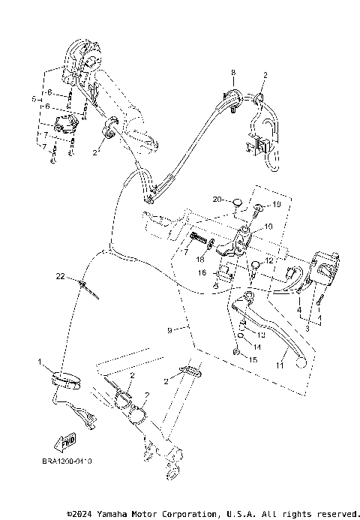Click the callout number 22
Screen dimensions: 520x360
(x=59, y=276)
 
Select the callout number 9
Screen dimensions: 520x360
(x=169, y=329)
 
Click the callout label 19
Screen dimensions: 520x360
(x=277, y=204)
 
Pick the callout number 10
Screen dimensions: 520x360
(x=268, y=226)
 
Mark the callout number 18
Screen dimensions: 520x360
(x=200, y=258)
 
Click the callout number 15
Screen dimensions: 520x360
(x=253, y=361)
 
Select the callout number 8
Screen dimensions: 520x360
(x=233, y=72)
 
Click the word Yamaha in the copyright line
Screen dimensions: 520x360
(x=116, y=514)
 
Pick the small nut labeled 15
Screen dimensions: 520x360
(x=236, y=352)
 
